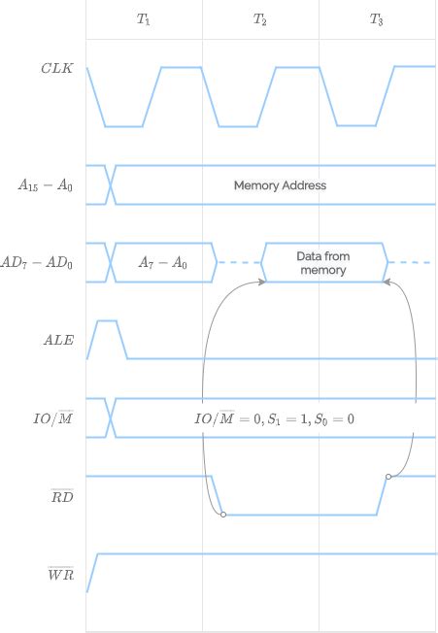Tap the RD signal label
[60, 496]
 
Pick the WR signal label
[60, 574]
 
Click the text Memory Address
[280, 185]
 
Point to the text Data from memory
[322, 263]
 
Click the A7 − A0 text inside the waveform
[162, 263]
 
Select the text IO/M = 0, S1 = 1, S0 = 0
[275, 418]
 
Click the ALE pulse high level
[107, 320]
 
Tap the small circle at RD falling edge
[223, 515]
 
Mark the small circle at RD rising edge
[388, 476]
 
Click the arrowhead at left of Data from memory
[262, 282]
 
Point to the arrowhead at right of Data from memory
[386, 282]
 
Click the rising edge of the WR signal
[92, 573]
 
